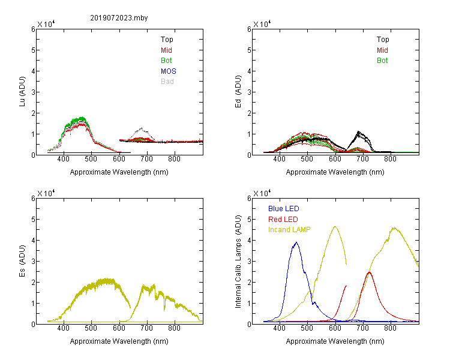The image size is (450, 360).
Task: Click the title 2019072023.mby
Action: tap(119, 18)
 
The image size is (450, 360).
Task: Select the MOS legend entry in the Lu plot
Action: tap(169, 71)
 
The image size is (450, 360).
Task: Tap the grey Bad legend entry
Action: tap(167, 81)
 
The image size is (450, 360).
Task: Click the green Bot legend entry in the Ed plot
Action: tap(382, 60)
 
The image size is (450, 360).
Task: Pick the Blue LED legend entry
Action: tap(284, 208)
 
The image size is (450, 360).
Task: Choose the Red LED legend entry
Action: tap(283, 220)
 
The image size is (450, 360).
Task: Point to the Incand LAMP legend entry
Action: tap(289, 230)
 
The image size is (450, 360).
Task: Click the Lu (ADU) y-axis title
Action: tap(22, 91)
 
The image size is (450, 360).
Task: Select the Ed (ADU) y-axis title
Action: tap(238, 91)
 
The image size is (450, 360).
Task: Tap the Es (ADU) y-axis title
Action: tap(22, 260)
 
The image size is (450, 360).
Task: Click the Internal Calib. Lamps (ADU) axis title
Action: tap(238, 262)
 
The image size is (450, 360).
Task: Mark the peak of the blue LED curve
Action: tap(296, 242)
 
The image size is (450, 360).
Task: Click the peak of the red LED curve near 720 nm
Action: tap(370, 272)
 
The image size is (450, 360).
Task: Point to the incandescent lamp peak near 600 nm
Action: tap(335, 227)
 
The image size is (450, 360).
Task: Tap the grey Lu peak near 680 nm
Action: tap(141, 128)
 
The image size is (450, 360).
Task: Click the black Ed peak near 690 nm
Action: tap(358, 131)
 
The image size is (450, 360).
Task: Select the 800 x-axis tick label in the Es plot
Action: tap(174, 328)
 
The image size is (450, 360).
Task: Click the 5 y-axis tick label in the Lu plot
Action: tap(33, 50)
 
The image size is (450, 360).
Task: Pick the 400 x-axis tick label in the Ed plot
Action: tap(279, 159)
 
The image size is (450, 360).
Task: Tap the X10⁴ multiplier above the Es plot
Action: tap(46, 193)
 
